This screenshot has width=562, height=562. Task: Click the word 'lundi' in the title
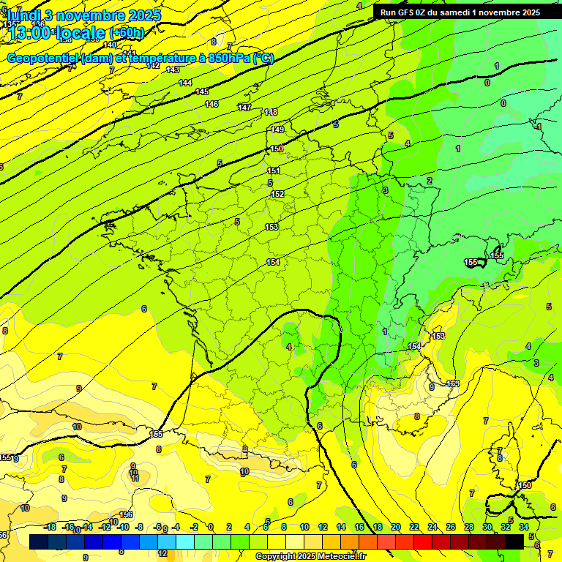(x=23, y=15)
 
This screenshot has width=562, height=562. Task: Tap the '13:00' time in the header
(x=29, y=32)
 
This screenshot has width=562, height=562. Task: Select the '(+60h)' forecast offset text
(x=127, y=33)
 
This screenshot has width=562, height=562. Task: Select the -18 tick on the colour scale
(x=50, y=527)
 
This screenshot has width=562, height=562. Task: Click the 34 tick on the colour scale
(x=524, y=527)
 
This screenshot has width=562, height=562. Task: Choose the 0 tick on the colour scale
(x=211, y=527)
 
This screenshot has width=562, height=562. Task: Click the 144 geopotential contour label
(x=185, y=83)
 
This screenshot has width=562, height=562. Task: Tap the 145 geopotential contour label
(x=202, y=91)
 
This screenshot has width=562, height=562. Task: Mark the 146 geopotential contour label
(x=211, y=104)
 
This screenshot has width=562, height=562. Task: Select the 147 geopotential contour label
(x=244, y=108)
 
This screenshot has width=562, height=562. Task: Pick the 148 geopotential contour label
(x=271, y=112)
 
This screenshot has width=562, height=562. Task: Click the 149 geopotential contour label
(x=277, y=130)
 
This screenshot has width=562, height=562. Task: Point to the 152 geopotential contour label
(x=277, y=194)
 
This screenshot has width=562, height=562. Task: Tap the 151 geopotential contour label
(x=274, y=171)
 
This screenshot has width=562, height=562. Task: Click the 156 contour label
(x=126, y=514)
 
